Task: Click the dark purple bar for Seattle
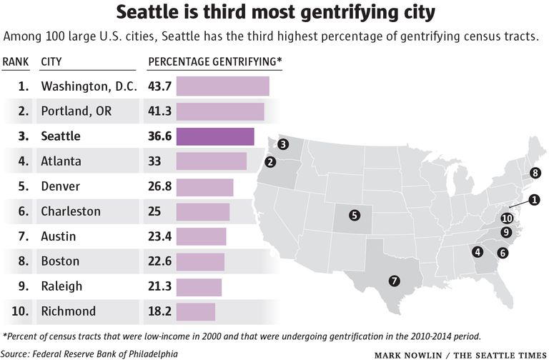215,136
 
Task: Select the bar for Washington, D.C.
222,86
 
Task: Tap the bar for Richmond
195,311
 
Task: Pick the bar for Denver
204,186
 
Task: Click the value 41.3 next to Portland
159,111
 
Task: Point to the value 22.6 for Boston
159,261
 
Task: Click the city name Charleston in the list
71,211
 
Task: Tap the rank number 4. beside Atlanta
24,161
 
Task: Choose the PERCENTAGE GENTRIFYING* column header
214,61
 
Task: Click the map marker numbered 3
283,145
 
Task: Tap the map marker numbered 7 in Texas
393,281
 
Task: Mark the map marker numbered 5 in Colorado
355,214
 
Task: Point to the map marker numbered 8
535,172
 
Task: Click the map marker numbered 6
503,252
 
